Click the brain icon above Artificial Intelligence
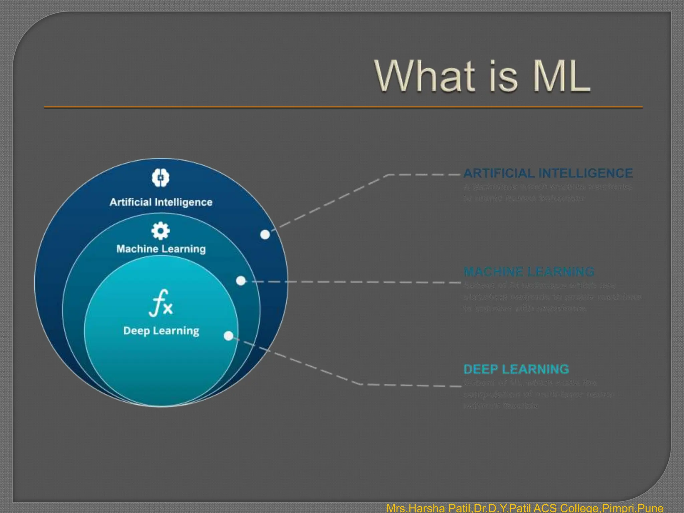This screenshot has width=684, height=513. click(x=161, y=177)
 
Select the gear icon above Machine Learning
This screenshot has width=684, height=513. click(x=161, y=231)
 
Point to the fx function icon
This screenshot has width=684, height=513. click(x=161, y=303)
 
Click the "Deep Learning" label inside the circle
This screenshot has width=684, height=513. click(x=161, y=331)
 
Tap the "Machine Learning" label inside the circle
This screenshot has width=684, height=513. click(x=161, y=249)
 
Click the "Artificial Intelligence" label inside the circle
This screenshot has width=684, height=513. click(x=161, y=202)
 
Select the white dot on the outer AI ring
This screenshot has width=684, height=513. click(x=265, y=234)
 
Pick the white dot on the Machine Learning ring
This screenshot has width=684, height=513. click(x=241, y=281)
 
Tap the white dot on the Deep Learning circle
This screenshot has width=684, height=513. click(x=229, y=336)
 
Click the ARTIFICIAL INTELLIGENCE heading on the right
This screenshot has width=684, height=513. click(x=548, y=173)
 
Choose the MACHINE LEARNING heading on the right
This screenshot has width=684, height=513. click(x=529, y=272)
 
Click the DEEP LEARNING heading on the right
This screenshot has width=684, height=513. click(x=516, y=369)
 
